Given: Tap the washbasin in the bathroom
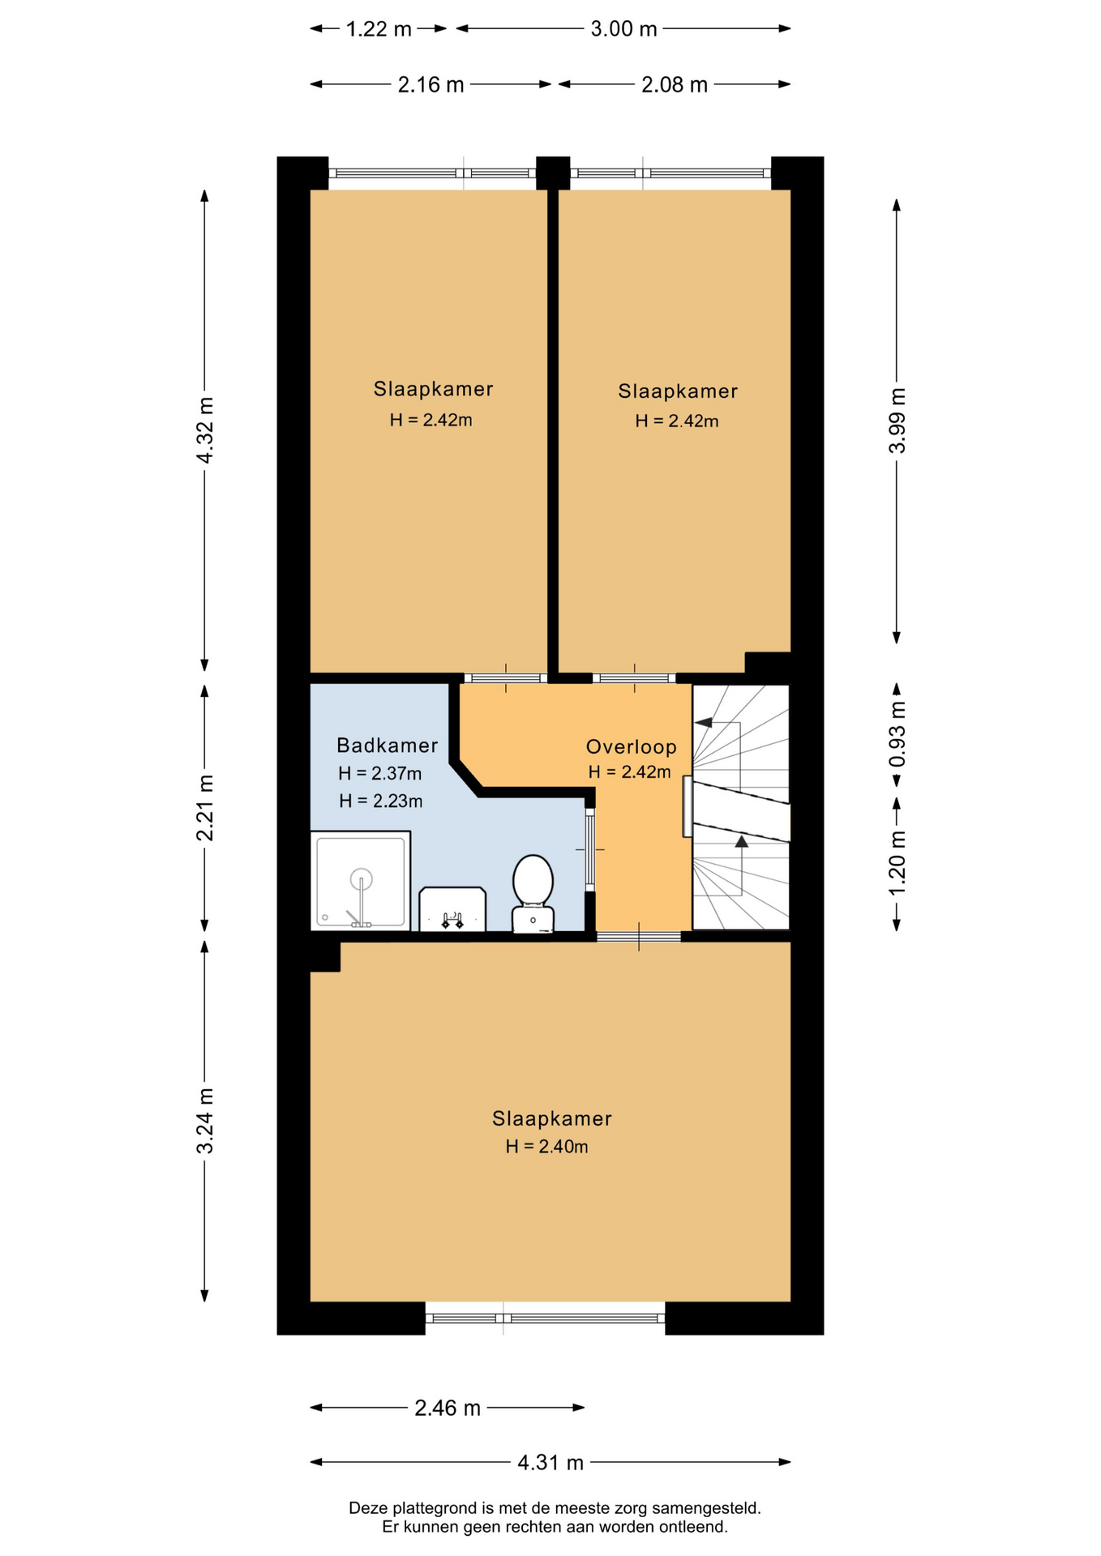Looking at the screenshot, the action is [452, 909].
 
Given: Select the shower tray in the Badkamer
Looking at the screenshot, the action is [361, 881].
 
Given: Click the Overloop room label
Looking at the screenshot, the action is [631, 746].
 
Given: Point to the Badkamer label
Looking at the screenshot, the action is [388, 745].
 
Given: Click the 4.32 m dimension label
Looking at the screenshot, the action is [206, 430].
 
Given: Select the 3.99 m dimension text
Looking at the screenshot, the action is [898, 421].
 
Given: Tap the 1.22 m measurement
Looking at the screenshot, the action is [379, 30].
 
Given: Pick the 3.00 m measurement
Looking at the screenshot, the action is [623, 30].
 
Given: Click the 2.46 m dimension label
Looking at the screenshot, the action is [448, 1409].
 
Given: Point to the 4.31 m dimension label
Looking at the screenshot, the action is [550, 1463].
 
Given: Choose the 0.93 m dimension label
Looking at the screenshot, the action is [898, 734].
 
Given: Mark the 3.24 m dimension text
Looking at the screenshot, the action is [206, 1121].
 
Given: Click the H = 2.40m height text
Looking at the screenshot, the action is [547, 1147].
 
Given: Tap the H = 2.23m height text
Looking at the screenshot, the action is [381, 802].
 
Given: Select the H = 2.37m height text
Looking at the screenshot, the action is [380, 774].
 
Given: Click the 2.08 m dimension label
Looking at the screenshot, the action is [675, 85].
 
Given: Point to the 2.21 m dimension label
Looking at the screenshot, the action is [206, 808].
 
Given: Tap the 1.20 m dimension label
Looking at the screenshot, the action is [898, 864].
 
